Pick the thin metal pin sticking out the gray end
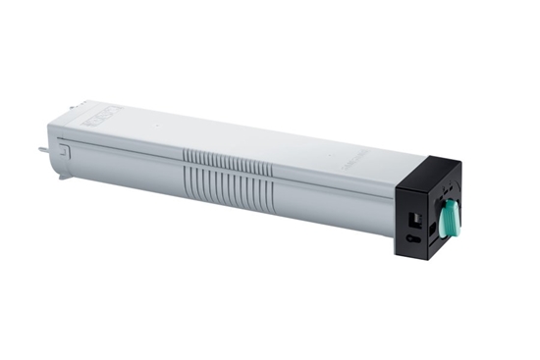click(x=43, y=151)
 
